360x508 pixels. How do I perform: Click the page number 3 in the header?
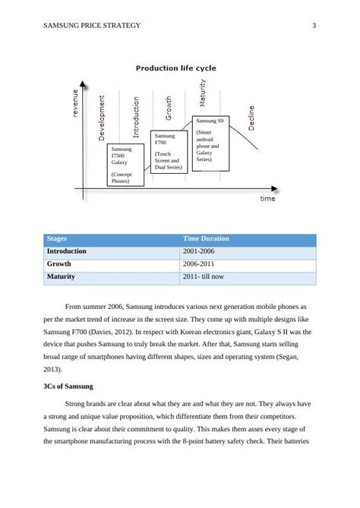pyautogui.click(x=314, y=26)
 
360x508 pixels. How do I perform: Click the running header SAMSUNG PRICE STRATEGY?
pyautogui.click(x=93, y=26)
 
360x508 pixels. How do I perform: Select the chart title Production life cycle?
pyautogui.click(x=175, y=68)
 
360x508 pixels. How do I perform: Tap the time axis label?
pyautogui.click(x=267, y=199)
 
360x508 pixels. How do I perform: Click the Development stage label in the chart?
pyautogui.click(x=102, y=118)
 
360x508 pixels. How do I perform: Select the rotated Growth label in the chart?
pyautogui.click(x=169, y=107)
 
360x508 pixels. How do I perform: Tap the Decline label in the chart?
pyautogui.click(x=251, y=117)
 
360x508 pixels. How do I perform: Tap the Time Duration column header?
pyautogui.click(x=205, y=239)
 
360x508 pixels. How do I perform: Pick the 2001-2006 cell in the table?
pyautogui.click(x=200, y=251)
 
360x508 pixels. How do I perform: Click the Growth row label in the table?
pyautogui.click(x=59, y=264)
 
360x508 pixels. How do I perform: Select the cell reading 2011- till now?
pyautogui.click(x=203, y=277)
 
